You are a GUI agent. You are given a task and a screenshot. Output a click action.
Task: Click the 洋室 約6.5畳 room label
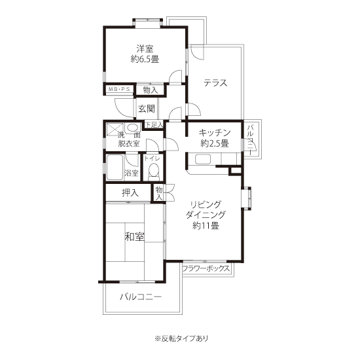(x=145, y=54)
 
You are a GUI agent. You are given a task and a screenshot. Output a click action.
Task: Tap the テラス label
(x=215, y=82)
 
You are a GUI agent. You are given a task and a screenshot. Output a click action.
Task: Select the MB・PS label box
(x=119, y=89)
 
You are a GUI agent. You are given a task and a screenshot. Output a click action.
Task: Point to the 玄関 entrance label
(x=146, y=109)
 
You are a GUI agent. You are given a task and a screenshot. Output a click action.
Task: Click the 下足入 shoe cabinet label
(x=154, y=124)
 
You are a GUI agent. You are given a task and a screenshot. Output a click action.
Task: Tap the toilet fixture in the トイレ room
(x=153, y=172)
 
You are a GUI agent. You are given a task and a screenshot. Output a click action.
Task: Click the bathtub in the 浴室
(x=115, y=167)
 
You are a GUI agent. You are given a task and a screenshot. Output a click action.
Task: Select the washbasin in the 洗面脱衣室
(x=132, y=128)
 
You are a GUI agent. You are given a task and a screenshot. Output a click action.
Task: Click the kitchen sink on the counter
(x=203, y=159)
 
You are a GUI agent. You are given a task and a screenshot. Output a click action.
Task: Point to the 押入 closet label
(x=130, y=193)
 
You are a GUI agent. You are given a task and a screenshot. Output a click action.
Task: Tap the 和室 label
(x=135, y=237)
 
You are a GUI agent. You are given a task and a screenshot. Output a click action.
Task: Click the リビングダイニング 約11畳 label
(x=206, y=215)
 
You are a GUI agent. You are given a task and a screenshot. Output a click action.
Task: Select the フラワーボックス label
(x=206, y=268)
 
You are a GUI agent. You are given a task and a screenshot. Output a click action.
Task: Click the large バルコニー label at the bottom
(x=141, y=297)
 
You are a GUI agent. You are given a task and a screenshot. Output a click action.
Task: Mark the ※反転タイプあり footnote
(x=181, y=338)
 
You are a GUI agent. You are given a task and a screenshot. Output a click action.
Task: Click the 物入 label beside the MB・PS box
(x=151, y=90)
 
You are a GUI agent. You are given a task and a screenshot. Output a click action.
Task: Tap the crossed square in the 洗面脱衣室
(x=115, y=129)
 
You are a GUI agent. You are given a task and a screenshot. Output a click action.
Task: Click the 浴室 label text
(x=132, y=173)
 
